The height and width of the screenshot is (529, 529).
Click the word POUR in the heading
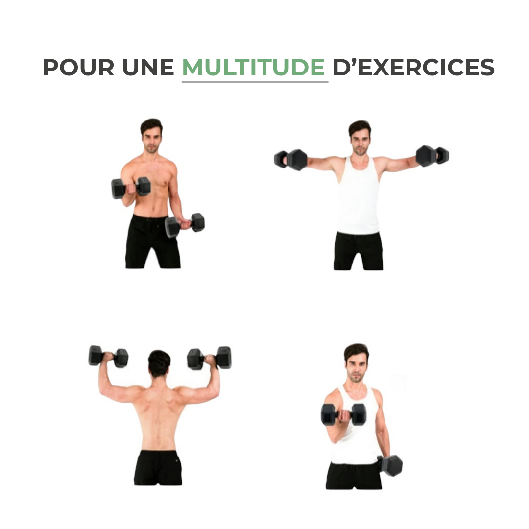[78, 67]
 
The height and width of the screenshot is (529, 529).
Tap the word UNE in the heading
[148, 67]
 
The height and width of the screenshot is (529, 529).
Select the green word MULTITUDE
[253, 67]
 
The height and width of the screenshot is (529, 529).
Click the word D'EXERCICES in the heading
[413, 67]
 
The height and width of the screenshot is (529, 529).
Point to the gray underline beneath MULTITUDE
[255, 82]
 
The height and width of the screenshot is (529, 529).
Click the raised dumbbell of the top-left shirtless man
[131, 188]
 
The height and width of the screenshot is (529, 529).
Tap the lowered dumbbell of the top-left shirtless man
[185, 225]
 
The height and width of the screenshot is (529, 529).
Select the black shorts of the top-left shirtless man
[152, 241]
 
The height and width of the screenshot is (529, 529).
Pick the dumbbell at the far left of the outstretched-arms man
[290, 160]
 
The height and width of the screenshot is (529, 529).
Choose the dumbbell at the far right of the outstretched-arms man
[432, 156]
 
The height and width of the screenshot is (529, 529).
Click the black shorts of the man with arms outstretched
[358, 251]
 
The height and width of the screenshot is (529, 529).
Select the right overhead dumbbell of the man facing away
[209, 358]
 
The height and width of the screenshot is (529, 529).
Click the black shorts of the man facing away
[158, 468]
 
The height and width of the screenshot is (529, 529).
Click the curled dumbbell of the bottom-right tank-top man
[343, 414]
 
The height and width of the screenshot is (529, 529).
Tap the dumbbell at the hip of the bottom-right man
[390, 465]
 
